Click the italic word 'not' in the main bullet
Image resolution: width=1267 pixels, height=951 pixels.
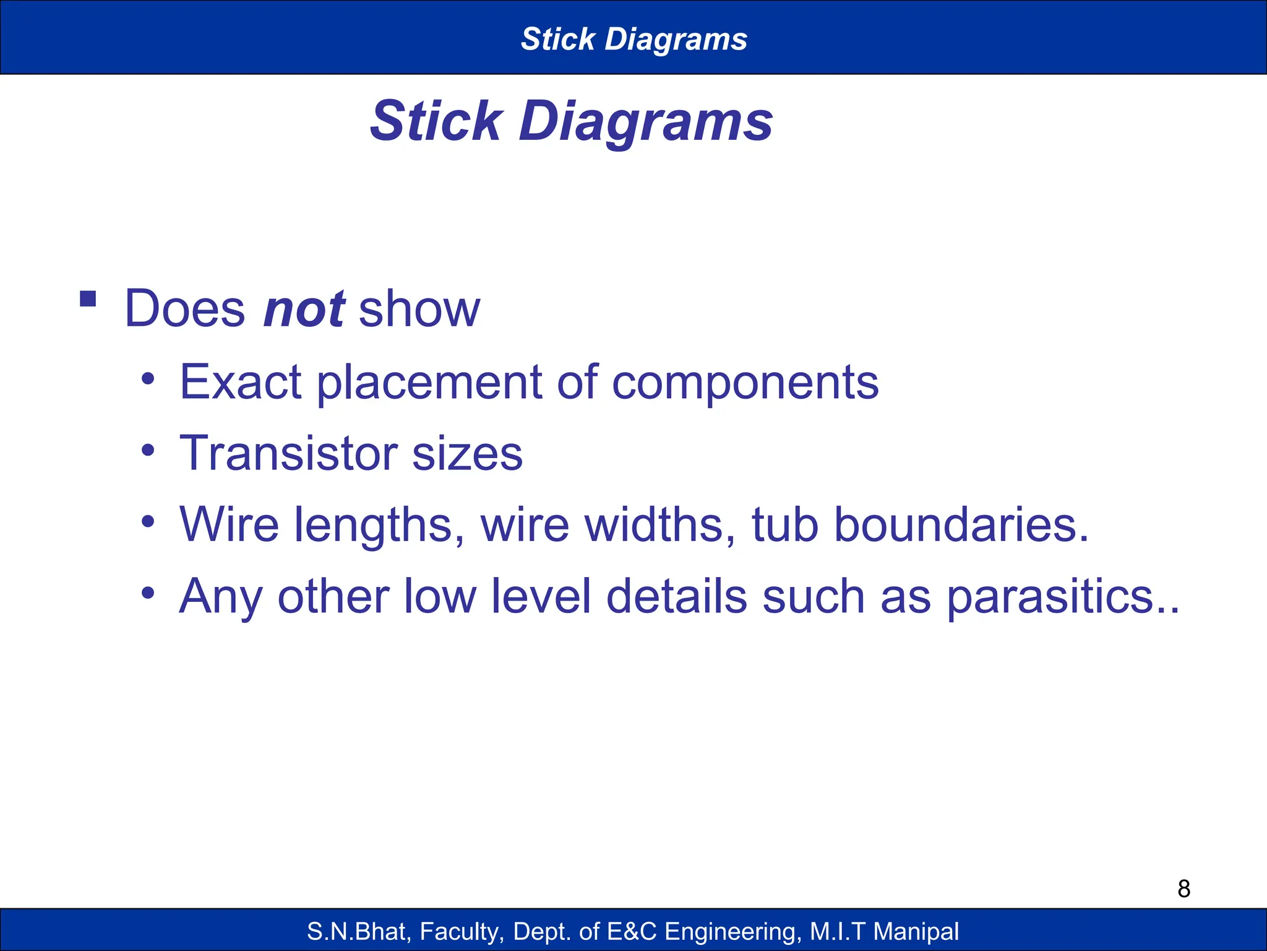click(304, 309)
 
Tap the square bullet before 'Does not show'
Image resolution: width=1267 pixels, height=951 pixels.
click(88, 299)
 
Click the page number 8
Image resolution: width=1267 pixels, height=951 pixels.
click(1183, 889)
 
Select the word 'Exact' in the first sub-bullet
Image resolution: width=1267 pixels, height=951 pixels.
click(240, 382)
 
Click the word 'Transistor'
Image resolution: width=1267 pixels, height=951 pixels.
click(288, 453)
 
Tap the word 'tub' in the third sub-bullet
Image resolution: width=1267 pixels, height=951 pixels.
click(784, 524)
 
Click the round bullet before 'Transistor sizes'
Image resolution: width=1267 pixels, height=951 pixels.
click(147, 450)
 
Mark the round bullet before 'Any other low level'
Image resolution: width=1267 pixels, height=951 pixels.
click(147, 593)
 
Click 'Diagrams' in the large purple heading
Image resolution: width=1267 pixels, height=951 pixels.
click(645, 121)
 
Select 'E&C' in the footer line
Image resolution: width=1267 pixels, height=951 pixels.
click(632, 931)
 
